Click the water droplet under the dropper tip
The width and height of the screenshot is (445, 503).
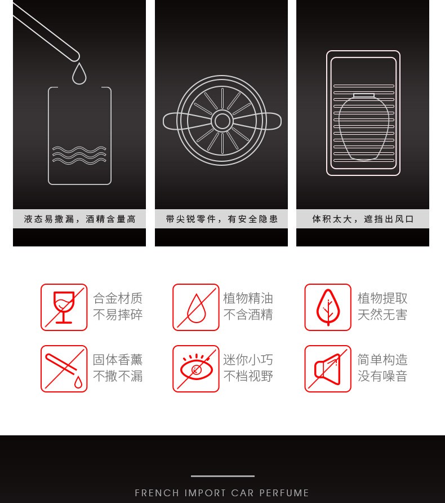click(x=79, y=74)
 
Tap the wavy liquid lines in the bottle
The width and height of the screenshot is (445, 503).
click(x=79, y=155)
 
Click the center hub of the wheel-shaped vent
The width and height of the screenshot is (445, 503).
click(x=222, y=121)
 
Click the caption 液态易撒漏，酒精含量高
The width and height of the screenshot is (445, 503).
click(x=80, y=219)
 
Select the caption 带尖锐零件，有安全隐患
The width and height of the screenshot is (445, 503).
click(x=222, y=219)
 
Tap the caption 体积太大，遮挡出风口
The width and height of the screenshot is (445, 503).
click(x=363, y=219)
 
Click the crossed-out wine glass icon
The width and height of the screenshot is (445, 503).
click(x=64, y=307)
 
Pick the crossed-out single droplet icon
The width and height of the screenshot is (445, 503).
click(x=196, y=307)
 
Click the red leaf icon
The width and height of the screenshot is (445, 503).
click(x=328, y=307)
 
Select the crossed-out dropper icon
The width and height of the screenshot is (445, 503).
click(x=64, y=369)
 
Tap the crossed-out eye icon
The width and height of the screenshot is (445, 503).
click(x=196, y=369)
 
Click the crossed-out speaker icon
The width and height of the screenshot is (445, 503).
click(x=328, y=369)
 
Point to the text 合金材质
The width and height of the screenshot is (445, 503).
click(x=118, y=298)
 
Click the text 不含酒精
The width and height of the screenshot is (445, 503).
click(x=248, y=315)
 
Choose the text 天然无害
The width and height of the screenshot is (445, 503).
click(x=382, y=315)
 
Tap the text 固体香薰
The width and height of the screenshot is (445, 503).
click(x=118, y=360)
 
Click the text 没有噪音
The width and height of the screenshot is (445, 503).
click(x=382, y=376)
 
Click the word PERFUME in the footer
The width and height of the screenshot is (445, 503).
click(x=284, y=493)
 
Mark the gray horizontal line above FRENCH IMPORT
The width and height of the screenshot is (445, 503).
click(x=222, y=476)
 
